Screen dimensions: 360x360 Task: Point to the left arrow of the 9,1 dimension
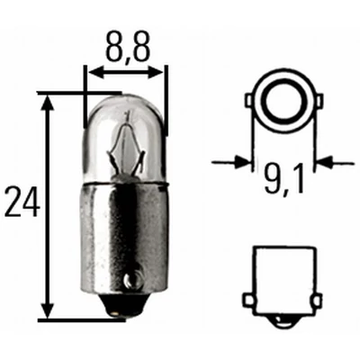[x=242, y=163]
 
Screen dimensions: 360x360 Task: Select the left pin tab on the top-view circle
[x=251, y=105]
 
